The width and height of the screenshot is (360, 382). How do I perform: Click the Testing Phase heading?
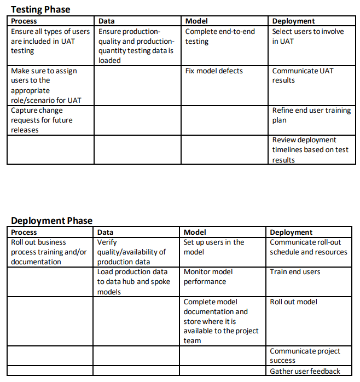click(40, 9)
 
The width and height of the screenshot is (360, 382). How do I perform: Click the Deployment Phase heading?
click(51, 221)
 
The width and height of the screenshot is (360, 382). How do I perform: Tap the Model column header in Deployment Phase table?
click(195, 232)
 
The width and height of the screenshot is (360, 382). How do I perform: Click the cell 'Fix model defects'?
click(214, 71)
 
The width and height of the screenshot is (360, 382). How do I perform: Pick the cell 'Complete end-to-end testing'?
click(220, 36)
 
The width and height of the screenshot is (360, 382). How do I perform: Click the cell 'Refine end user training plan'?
click(311, 115)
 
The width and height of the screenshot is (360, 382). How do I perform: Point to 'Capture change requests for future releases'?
click(42, 120)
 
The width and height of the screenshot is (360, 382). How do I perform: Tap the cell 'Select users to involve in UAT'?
click(308, 36)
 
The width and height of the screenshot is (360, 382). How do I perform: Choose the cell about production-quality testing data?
click(136, 46)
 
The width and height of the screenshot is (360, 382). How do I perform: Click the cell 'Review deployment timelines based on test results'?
click(310, 149)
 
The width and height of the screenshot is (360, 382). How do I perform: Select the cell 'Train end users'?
click(295, 271)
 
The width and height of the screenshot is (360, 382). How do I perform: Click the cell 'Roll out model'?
click(293, 302)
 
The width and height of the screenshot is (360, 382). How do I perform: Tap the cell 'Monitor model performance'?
click(208, 276)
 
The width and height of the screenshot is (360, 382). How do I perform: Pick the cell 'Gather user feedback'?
click(305, 371)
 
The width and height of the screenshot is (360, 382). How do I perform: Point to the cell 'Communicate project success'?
click(305, 356)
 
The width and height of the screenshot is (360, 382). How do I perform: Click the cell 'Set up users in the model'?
click(214, 247)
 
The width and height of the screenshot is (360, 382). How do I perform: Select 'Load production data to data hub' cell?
click(133, 281)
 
